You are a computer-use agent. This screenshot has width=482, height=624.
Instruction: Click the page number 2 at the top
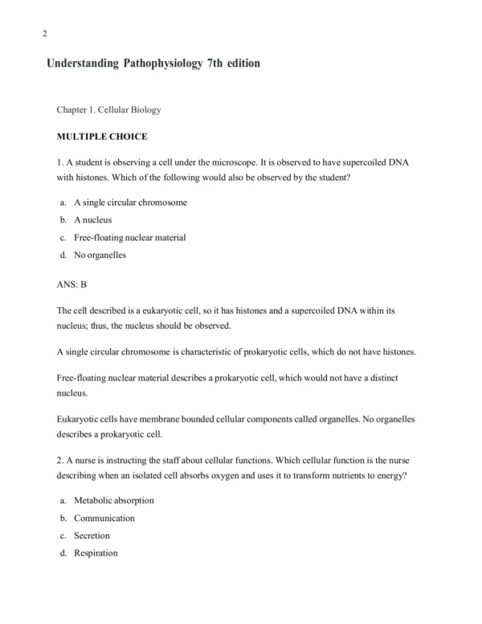coord(44,33)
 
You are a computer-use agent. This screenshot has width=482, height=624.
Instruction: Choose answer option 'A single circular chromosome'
coord(130,203)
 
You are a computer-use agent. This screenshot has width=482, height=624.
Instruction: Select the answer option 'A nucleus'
coord(92,220)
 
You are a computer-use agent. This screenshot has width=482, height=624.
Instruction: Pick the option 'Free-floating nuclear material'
coord(129,238)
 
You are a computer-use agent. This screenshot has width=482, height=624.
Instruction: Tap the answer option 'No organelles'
coord(100,256)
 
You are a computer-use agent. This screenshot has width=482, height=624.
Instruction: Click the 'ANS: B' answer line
coord(71,283)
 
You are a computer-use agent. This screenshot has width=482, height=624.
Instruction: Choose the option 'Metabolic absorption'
coord(113,500)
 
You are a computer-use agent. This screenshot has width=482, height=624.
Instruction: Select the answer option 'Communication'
coord(104,518)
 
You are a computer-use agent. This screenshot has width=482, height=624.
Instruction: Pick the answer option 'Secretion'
coord(92,536)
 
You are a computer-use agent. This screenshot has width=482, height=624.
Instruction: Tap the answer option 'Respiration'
coord(96,553)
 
